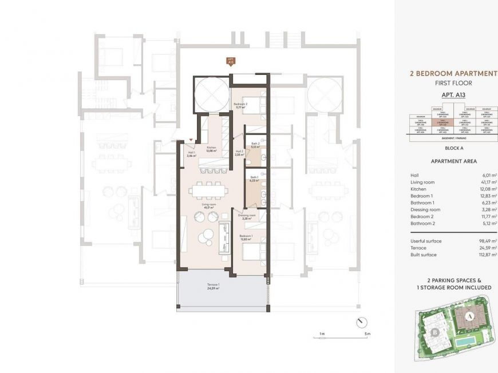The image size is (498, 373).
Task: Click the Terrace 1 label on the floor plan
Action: (x=213, y=287)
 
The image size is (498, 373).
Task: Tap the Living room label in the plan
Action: (x=208, y=204)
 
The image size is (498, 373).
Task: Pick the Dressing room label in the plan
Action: (x=247, y=217)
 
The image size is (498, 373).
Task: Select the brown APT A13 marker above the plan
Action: (x=231, y=60)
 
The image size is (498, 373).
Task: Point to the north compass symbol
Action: (x=360, y=322)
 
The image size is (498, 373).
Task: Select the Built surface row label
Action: (x=424, y=255)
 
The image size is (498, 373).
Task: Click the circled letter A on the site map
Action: (x=468, y=314)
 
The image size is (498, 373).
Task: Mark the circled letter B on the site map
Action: (x=436, y=332)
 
